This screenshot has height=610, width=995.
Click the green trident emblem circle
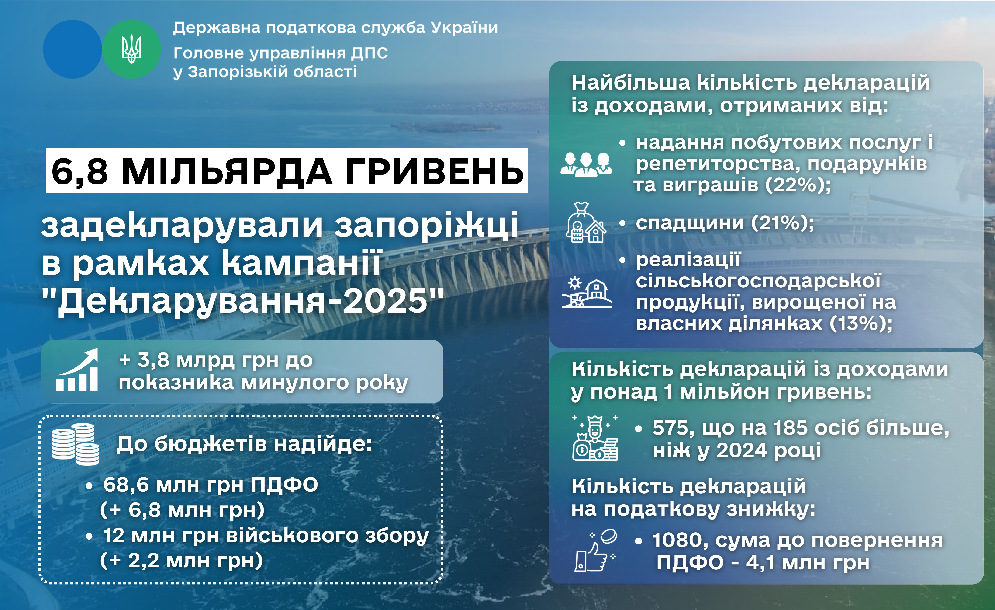[132, 49]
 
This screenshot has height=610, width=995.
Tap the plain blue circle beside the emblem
[73, 49]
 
